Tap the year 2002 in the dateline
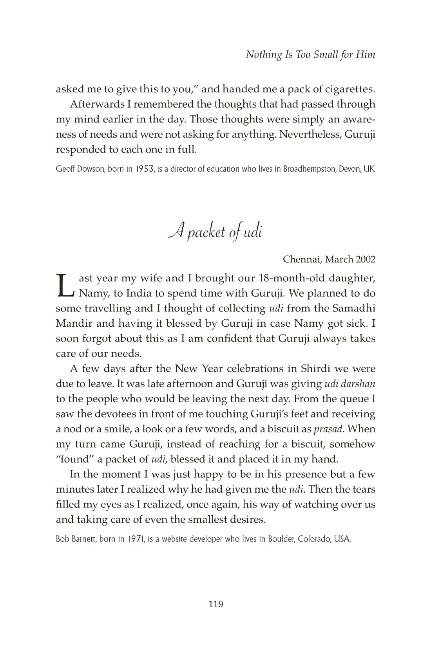click(366, 259)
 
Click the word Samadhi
click(355, 308)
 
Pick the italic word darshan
click(360, 384)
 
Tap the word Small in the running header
click(326, 55)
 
